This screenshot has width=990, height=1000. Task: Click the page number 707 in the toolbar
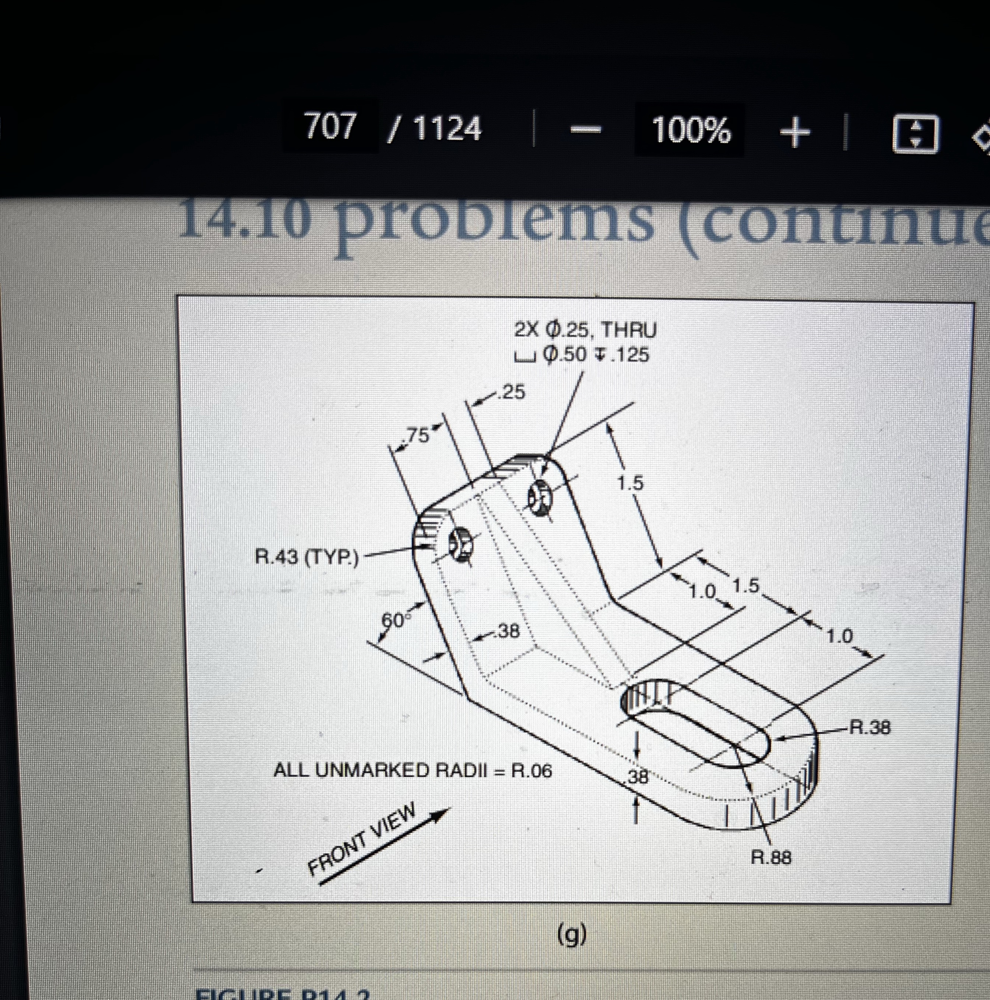[330, 126]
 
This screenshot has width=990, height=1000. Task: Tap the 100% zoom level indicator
[691, 129]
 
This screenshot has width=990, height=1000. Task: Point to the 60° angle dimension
[394, 620]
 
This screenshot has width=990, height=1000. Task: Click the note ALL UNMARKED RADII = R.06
[412, 771]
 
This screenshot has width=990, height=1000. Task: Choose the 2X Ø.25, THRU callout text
[585, 330]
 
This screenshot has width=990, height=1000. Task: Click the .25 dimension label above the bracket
[511, 392]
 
